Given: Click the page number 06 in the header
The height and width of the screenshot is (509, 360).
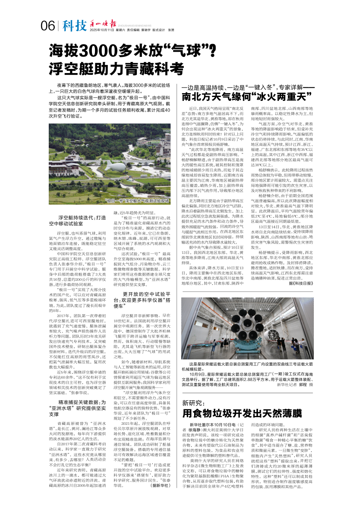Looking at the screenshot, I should [48, 26].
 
